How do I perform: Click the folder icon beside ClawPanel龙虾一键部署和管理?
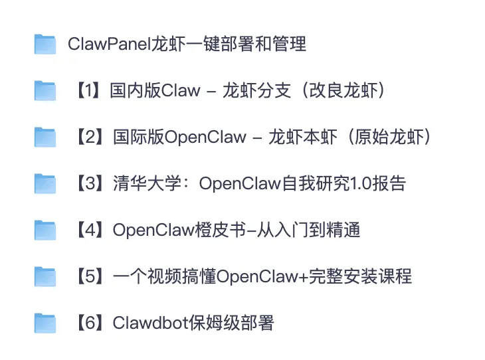click(x=45, y=45)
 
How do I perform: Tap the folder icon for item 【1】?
click(x=45, y=91)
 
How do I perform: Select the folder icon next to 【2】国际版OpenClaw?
click(x=45, y=137)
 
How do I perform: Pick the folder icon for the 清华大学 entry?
click(x=45, y=184)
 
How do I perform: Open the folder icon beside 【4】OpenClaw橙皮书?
click(x=45, y=230)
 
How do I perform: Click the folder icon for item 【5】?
click(x=45, y=276)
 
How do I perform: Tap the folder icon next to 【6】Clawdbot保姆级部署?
click(x=45, y=323)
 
